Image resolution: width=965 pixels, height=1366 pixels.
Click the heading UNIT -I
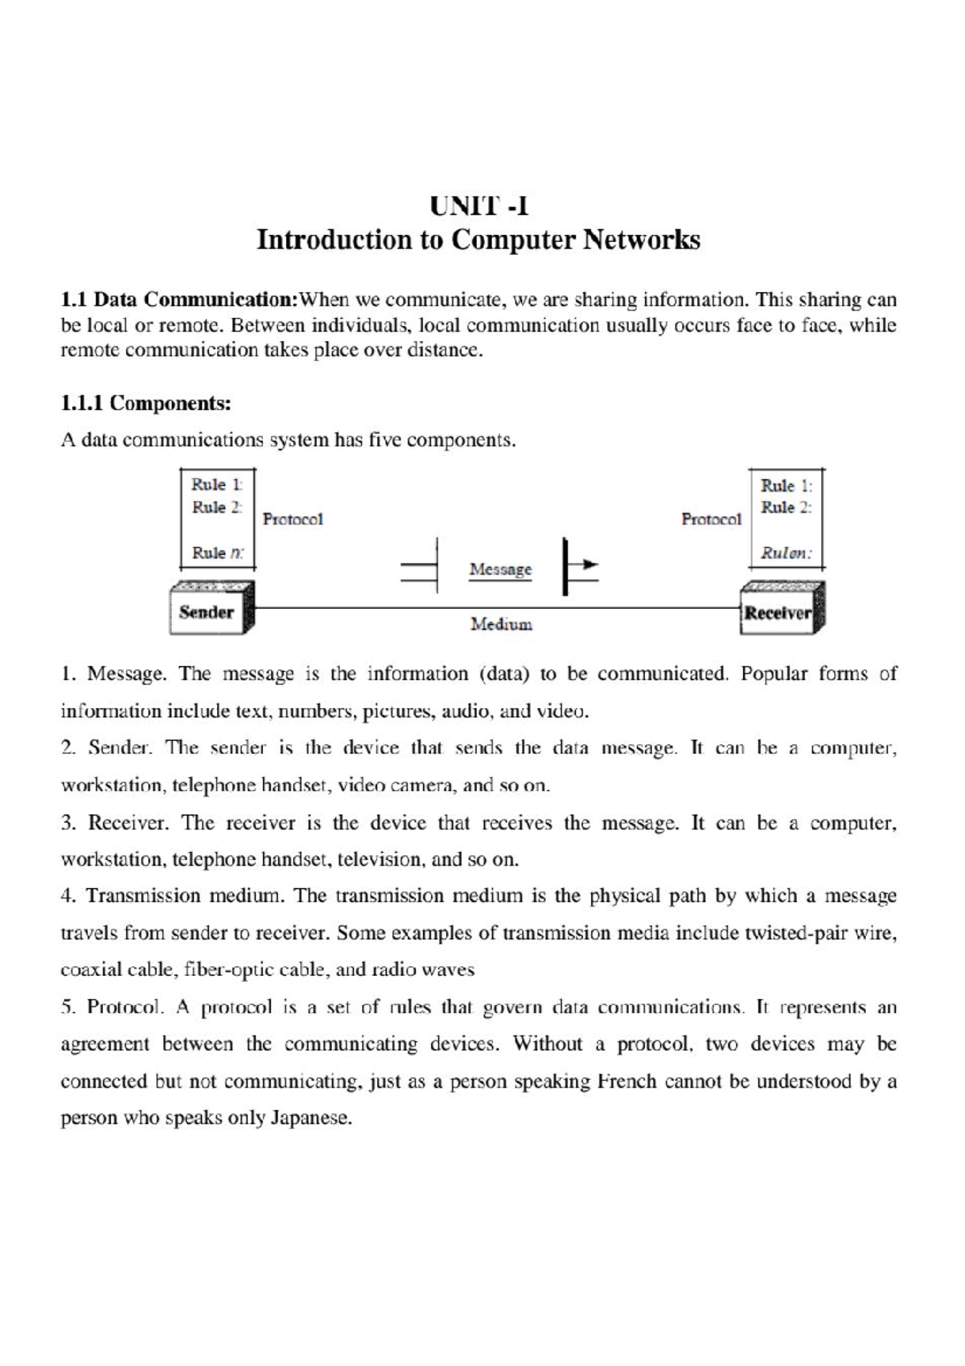pyautogui.click(x=479, y=207)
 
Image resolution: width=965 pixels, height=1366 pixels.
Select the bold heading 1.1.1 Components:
pyautogui.click(x=146, y=403)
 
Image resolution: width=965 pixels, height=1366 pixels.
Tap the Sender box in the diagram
pyautogui.click(x=207, y=612)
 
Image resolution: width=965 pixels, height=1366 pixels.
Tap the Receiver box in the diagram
pyautogui.click(x=778, y=613)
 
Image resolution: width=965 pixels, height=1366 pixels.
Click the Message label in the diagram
pyautogui.click(x=500, y=570)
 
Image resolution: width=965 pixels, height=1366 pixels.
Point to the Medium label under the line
pyautogui.click(x=501, y=624)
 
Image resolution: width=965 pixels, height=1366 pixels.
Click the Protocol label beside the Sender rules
pyautogui.click(x=293, y=520)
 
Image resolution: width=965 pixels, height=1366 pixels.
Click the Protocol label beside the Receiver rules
pyautogui.click(x=711, y=520)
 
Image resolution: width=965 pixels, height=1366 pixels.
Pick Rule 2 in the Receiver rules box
pyautogui.click(x=786, y=508)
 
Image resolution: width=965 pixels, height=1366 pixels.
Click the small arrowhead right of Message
pyautogui.click(x=590, y=565)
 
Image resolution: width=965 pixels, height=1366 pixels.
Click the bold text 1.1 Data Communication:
pyautogui.click(x=179, y=300)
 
